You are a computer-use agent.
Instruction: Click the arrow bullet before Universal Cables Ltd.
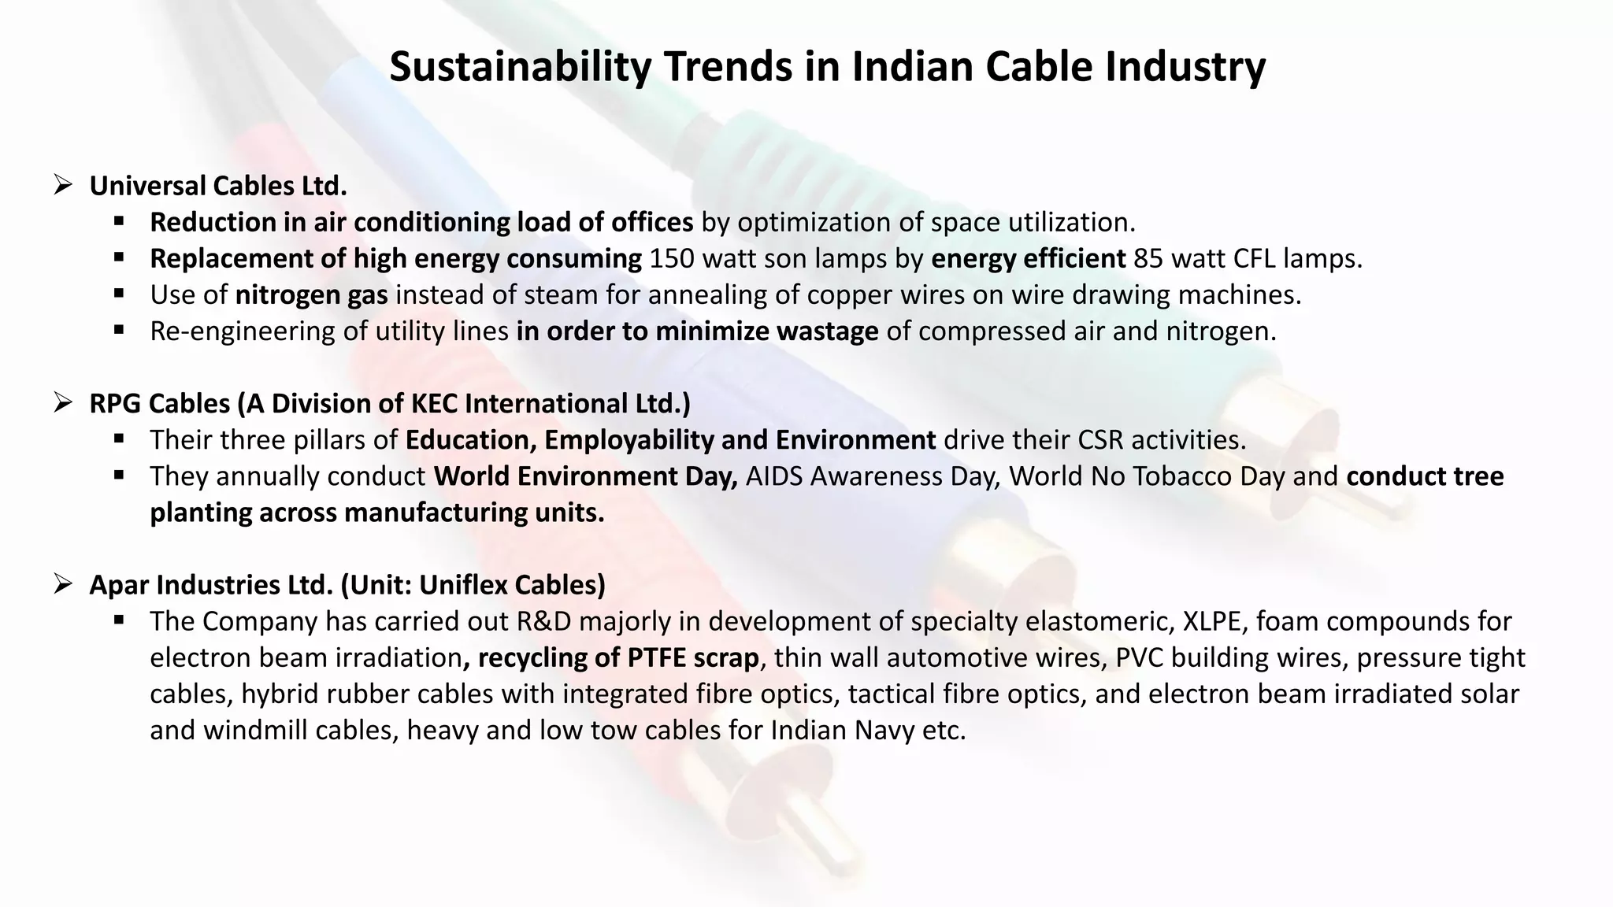(63, 186)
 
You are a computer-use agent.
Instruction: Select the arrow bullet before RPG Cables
(63, 403)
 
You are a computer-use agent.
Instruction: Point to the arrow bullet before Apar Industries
(63, 584)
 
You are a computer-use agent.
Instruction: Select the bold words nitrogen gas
(311, 295)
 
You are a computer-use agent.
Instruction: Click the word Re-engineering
(243, 331)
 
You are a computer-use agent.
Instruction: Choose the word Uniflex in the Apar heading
(463, 585)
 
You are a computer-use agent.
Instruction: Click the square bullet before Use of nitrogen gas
(119, 294)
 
